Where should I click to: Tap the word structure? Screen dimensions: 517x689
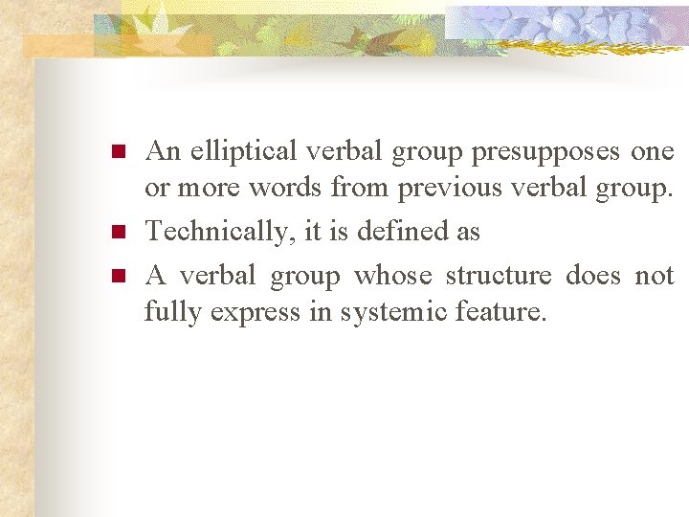point(499,276)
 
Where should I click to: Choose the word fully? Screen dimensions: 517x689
point(171,311)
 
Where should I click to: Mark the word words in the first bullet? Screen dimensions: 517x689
point(285,187)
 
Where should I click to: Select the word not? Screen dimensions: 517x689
point(656,276)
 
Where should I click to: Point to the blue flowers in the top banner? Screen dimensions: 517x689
point(574,27)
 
